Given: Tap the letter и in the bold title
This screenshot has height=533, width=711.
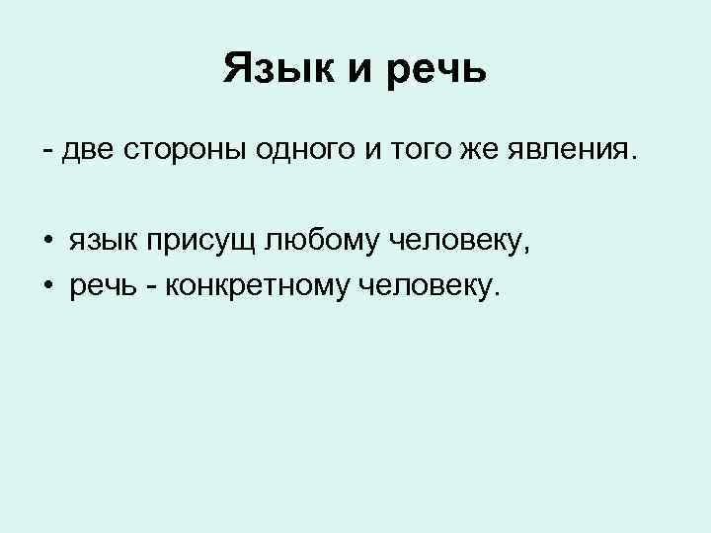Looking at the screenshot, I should click(355, 71).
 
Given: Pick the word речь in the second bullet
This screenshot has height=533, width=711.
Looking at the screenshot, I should click(104, 287).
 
